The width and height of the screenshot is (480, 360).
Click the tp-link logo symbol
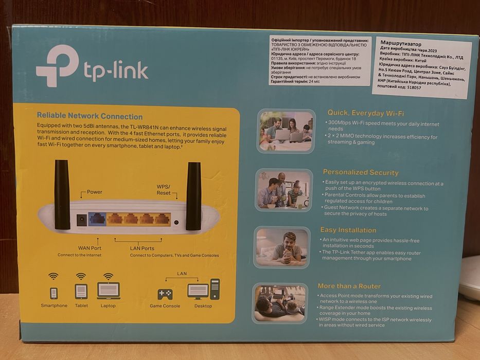pos(57,66)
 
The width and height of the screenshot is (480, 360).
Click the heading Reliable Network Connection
pos(90,117)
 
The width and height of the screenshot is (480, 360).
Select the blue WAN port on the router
pos(97,219)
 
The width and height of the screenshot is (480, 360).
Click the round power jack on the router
pos(81,220)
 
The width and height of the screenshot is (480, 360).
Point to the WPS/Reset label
pos(164,189)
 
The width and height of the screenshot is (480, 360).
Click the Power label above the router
pos(94,192)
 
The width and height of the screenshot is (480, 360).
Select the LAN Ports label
pos(142,248)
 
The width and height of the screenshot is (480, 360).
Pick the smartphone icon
pos(54,293)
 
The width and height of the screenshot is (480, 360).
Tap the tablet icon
pos(81,292)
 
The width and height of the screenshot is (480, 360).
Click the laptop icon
pos(108,291)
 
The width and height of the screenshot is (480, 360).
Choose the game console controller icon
pos(165,294)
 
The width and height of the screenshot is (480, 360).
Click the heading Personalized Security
pos(360,173)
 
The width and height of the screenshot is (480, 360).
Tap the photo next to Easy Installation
pos(282,247)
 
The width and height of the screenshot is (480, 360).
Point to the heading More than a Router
pos(349,286)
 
